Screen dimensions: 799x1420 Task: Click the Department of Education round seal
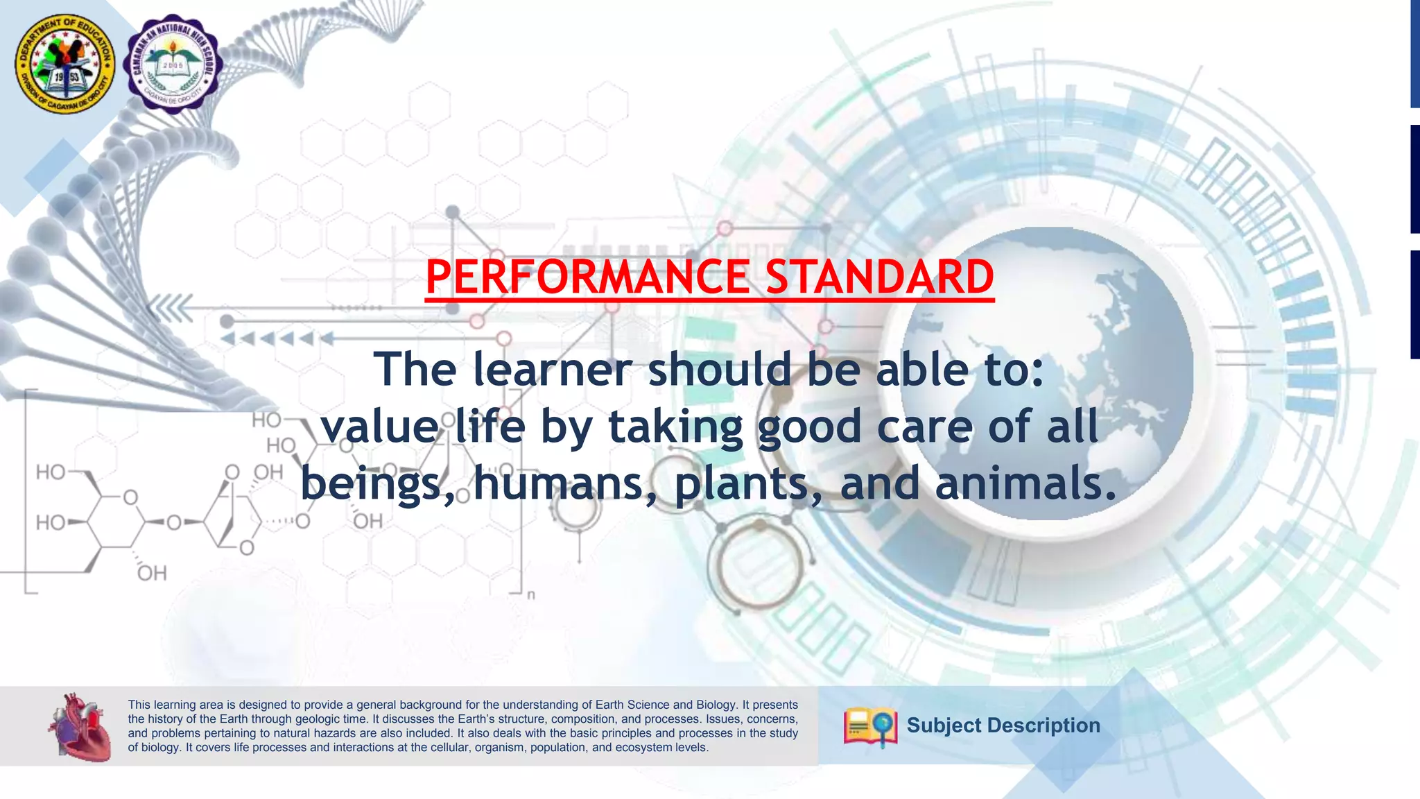click(x=65, y=64)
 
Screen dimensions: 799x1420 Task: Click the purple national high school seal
click(x=173, y=64)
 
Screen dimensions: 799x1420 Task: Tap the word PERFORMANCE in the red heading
click(x=587, y=277)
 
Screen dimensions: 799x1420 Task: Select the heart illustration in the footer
click(x=80, y=727)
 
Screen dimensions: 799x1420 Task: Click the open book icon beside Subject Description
click(x=870, y=726)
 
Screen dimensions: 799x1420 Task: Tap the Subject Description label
click(x=1003, y=725)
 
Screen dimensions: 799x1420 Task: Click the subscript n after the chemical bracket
click(x=531, y=595)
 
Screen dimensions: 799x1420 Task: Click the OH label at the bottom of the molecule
click(x=152, y=574)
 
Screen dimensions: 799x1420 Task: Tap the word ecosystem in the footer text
click(x=649, y=748)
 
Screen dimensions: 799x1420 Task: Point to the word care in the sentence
click(x=925, y=426)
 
